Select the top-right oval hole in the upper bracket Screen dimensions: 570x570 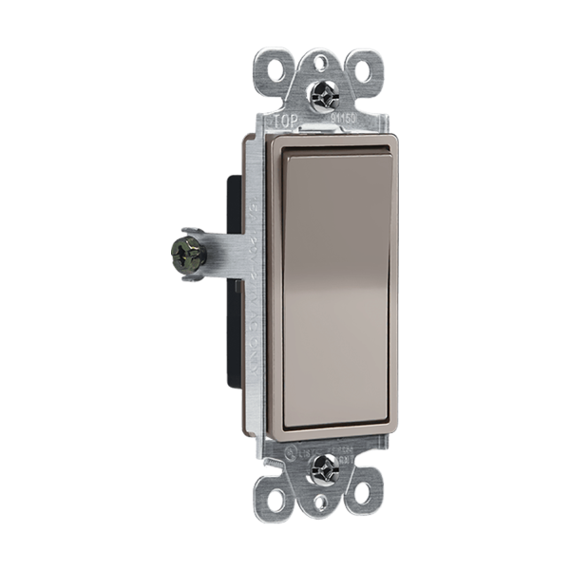[x=364, y=67]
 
